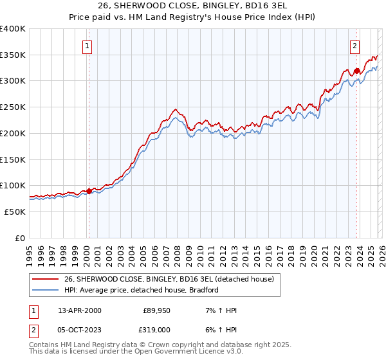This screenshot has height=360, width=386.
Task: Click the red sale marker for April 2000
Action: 89,191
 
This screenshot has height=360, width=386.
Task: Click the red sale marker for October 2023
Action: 356,70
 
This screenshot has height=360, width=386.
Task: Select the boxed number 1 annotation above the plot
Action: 87,46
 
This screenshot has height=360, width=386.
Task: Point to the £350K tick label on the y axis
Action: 12,55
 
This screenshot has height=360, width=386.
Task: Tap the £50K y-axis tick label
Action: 14,212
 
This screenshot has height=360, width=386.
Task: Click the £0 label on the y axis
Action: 19,238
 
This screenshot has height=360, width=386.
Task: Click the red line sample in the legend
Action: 46,279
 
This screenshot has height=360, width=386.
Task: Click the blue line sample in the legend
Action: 46,290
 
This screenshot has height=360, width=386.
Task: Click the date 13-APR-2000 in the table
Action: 80,310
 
